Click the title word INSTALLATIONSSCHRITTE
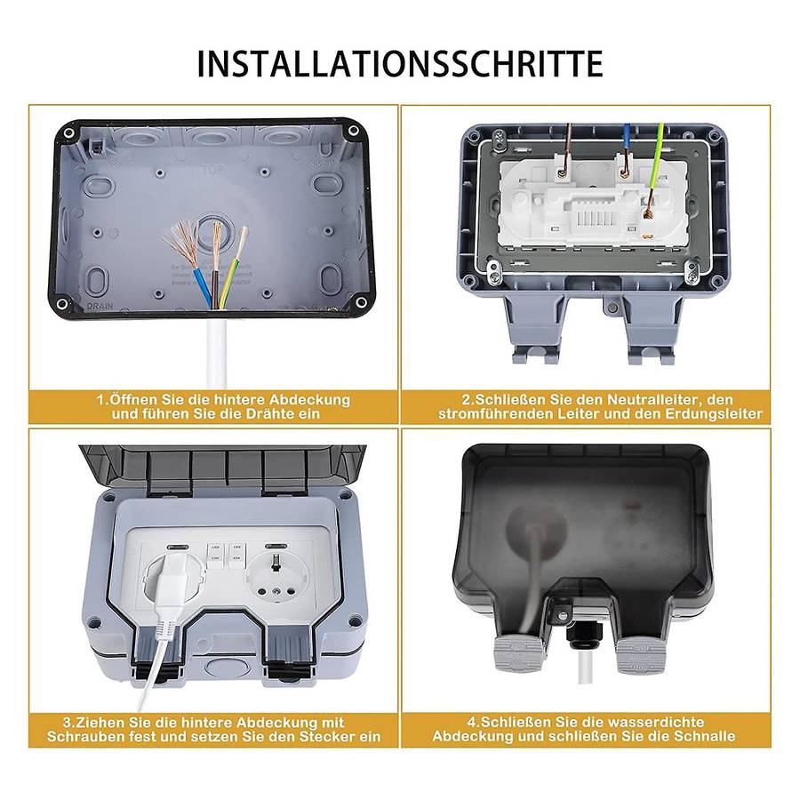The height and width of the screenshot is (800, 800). point(400,64)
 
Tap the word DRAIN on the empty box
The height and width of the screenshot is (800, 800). point(100,306)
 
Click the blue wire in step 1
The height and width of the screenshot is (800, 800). point(202,288)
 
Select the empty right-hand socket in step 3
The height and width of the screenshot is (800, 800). point(276,578)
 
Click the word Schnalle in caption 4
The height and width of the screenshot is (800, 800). point(705,736)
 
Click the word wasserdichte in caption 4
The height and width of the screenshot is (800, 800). point(656,722)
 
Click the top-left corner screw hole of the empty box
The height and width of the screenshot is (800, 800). point(68,133)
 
